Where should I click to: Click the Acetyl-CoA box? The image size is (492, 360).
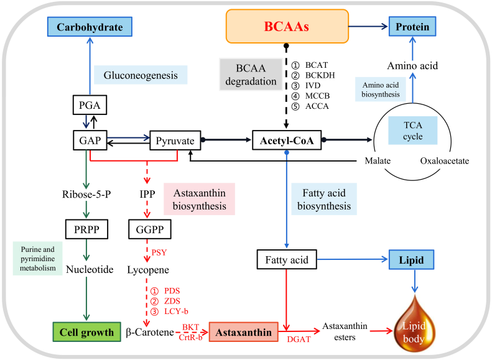coord(286,141)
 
